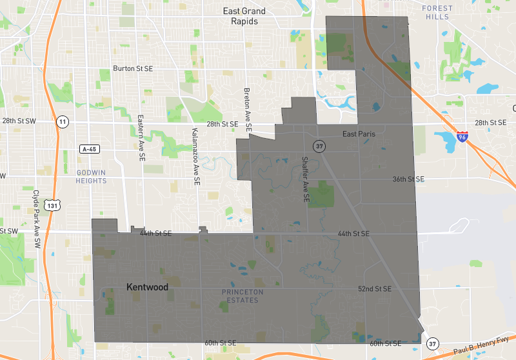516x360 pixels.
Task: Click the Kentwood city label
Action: [x=147, y=286]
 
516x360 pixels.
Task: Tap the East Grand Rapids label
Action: [x=240, y=16]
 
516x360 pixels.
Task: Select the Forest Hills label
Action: [x=437, y=13]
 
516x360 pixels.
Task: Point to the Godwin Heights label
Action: [x=91, y=177]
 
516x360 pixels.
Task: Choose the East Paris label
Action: [x=359, y=134]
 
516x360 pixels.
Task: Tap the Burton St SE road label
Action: [x=132, y=68]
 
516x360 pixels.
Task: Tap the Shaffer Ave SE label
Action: [x=306, y=181]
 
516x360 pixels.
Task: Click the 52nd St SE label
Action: [x=375, y=289]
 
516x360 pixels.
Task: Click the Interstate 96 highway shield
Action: [x=462, y=136]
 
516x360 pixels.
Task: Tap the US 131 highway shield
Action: [x=50, y=206]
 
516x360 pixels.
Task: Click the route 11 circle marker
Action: [x=62, y=121]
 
